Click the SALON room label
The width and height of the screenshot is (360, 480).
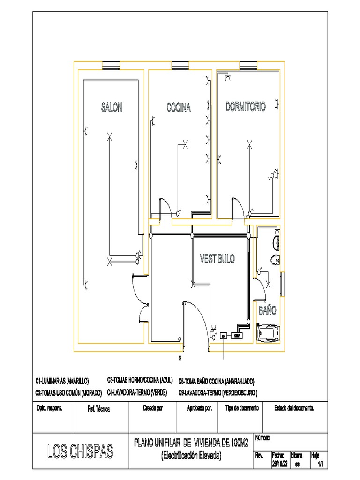112,107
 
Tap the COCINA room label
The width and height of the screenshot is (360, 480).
179,107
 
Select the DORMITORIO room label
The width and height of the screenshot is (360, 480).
246,106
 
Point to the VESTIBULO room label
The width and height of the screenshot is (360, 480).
217,258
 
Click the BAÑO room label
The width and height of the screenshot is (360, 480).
268,310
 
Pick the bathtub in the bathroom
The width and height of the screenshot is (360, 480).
269,334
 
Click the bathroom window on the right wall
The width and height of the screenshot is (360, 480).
282,284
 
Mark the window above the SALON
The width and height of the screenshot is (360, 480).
111,65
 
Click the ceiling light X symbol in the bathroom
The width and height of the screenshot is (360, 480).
268,284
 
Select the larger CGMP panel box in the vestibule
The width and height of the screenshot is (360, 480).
237,335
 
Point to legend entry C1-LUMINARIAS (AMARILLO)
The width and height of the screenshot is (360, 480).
62,381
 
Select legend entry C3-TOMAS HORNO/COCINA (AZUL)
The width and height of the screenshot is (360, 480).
140,380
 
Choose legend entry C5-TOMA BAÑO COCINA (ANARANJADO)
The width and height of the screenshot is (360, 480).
216,381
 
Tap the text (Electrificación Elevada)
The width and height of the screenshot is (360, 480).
191,455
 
